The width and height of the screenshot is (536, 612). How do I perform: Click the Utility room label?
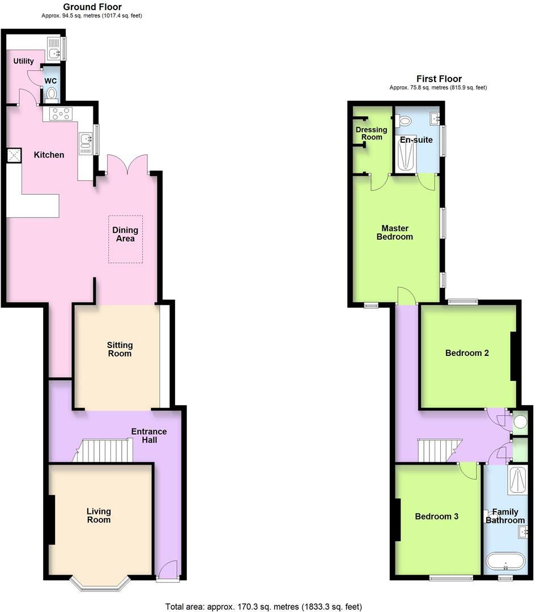pyautogui.click(x=23, y=61)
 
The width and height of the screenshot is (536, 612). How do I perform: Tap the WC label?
pyautogui.click(x=51, y=80)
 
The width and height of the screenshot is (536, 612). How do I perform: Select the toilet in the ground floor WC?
pyautogui.click(x=51, y=94)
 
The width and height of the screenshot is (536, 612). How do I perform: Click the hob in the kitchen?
pyautogui.click(x=60, y=113)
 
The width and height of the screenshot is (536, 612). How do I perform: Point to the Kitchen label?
pyautogui.click(x=49, y=155)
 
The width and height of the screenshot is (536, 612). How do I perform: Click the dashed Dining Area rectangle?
pyautogui.click(x=125, y=239)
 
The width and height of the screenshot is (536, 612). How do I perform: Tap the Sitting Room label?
pyautogui.click(x=120, y=349)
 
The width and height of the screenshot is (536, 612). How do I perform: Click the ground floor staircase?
pyautogui.click(x=105, y=450)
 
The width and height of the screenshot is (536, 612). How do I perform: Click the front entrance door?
pyautogui.click(x=168, y=571)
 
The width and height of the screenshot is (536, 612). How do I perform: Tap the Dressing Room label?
pyautogui.click(x=371, y=133)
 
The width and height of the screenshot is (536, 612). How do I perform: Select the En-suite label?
pyautogui.click(x=416, y=139)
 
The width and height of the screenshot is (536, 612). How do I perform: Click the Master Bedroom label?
pyautogui.click(x=394, y=232)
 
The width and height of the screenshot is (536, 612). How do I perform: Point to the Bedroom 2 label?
pyautogui.click(x=467, y=353)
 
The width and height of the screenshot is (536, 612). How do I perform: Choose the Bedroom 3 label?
pyautogui.click(x=436, y=516)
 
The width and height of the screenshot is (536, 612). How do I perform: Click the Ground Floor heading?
pyautogui.click(x=92, y=7)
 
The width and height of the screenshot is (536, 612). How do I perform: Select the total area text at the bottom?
pyautogui.click(x=263, y=606)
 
